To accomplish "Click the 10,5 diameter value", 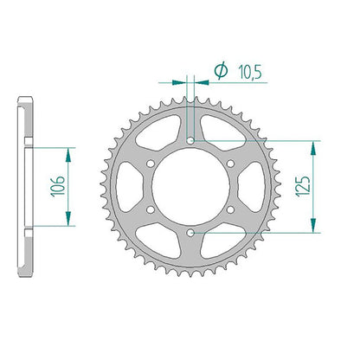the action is [x=250, y=72].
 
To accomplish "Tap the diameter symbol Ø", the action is [x=221, y=71].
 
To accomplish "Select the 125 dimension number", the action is [x=303, y=186].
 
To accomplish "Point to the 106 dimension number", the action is [x=58, y=186].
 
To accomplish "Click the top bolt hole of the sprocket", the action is [x=190, y=141].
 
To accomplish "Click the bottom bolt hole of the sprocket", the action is [x=190, y=233].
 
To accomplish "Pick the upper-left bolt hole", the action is [x=151, y=164].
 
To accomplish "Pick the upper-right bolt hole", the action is [x=230, y=164].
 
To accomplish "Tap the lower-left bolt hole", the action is [x=151, y=209].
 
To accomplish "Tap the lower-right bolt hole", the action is [x=230, y=209].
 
